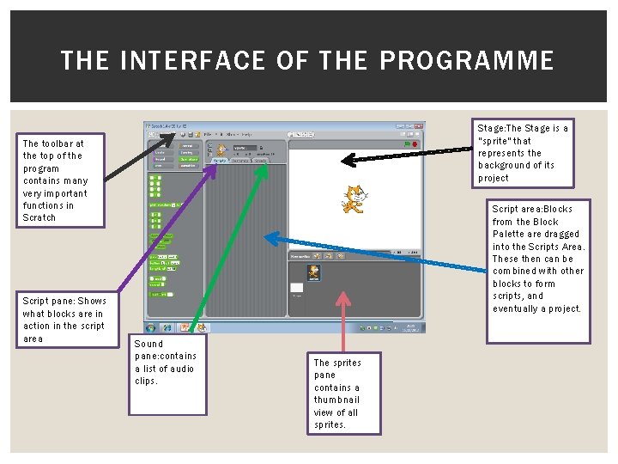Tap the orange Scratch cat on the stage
click(353, 198)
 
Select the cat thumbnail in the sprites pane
click(313, 273)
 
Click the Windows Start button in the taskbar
click(151, 328)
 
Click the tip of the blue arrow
click(268, 235)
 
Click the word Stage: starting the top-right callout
click(491, 128)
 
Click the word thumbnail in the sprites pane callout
click(337, 400)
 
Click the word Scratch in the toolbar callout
click(39, 217)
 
